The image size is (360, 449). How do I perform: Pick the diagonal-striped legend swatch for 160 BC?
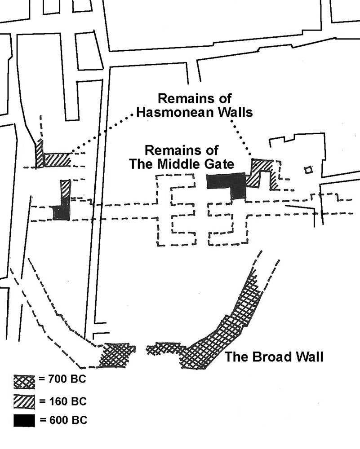click(x=24, y=401)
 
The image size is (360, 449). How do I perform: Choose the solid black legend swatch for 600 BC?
click(x=24, y=420)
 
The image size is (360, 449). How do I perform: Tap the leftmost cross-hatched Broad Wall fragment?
click(x=119, y=355)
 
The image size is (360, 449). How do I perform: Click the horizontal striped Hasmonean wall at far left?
click(x=56, y=159)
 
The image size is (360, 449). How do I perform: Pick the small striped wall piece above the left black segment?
click(x=66, y=188)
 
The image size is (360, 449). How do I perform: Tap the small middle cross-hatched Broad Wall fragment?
click(x=165, y=348)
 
